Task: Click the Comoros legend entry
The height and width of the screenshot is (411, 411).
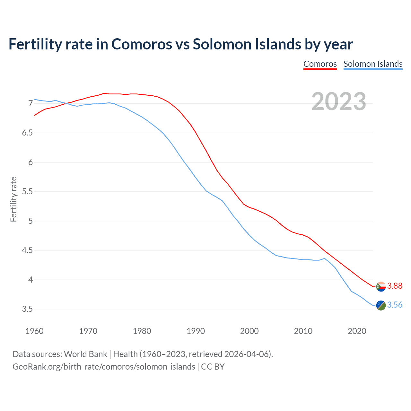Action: [320, 64]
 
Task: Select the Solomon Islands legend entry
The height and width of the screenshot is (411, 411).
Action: [373, 64]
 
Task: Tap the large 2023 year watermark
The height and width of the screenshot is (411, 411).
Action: [339, 101]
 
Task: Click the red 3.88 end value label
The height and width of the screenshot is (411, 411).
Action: [395, 286]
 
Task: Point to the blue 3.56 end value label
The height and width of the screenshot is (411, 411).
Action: [395, 305]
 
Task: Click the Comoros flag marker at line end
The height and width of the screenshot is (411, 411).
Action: [381, 286]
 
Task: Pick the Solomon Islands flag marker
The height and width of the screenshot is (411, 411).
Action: [381, 305]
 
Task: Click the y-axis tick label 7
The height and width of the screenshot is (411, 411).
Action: [31, 103]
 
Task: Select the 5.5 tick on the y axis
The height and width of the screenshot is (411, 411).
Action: [27, 192]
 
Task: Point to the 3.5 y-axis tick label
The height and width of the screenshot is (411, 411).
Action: [27, 309]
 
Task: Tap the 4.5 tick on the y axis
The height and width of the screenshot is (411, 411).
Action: [27, 250]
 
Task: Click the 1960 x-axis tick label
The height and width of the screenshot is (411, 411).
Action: [34, 331]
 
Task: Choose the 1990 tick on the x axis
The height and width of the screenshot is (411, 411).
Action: [196, 331]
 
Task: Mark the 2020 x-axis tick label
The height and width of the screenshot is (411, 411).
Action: [357, 331]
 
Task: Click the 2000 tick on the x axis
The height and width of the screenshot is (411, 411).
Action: [249, 331]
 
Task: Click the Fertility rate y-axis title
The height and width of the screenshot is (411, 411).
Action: [13, 199]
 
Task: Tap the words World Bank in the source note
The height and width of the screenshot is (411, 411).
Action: [85, 354]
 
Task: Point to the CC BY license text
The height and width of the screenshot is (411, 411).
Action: [213, 367]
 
